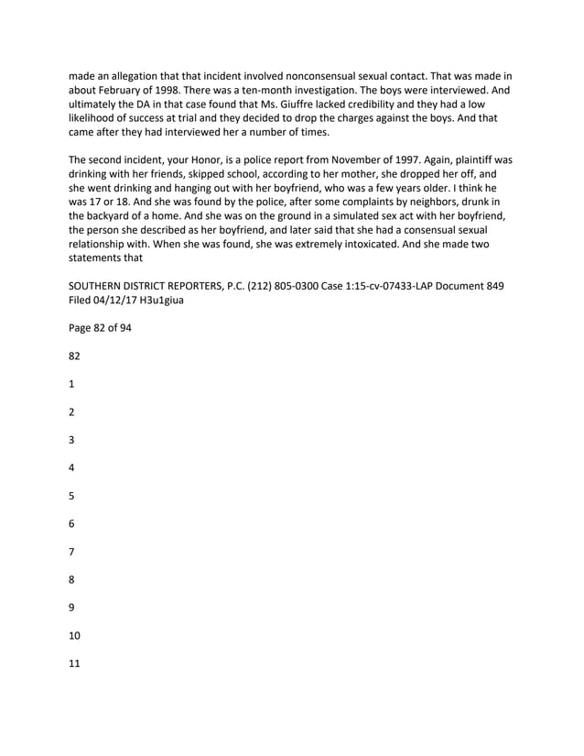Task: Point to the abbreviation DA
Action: [141, 105]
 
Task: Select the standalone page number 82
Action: [76, 356]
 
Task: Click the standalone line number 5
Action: [72, 496]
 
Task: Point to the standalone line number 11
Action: [75, 663]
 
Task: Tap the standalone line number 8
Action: [72, 579]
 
